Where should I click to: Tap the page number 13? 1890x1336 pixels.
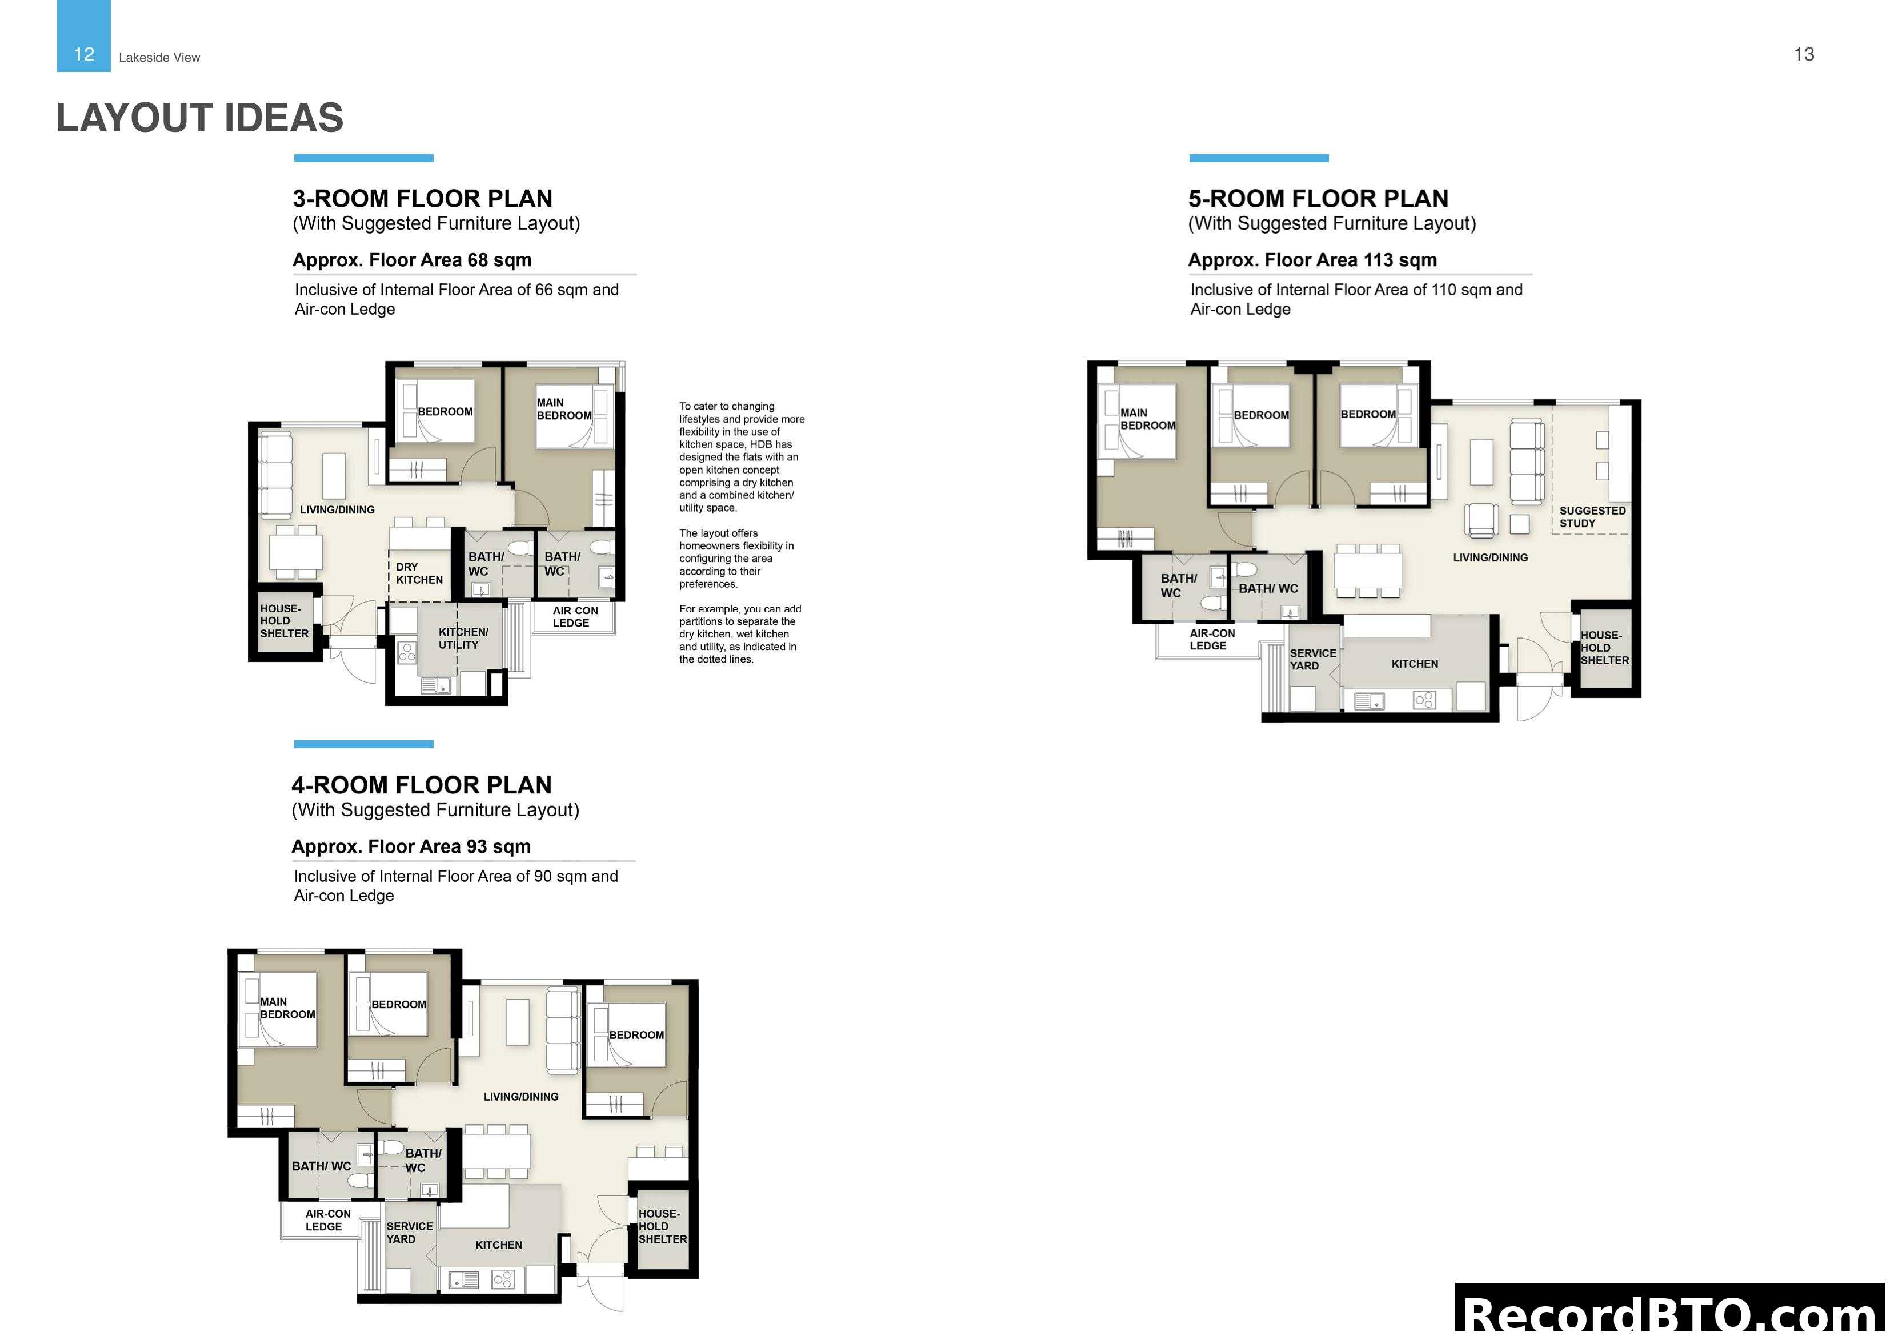1804,54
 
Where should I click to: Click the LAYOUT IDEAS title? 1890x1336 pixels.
199,118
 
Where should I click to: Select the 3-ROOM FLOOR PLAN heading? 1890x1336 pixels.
422,198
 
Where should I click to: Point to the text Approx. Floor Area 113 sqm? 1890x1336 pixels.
1312,260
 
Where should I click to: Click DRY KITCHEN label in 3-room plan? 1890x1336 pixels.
418,573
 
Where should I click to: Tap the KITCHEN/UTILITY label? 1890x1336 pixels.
463,638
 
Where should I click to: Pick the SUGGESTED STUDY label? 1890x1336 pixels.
1591,517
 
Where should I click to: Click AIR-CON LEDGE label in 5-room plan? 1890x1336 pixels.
1211,640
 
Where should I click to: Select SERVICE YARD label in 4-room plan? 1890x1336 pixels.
409,1232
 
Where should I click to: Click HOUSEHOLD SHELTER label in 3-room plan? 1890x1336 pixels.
283,621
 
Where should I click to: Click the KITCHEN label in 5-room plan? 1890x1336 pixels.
1414,664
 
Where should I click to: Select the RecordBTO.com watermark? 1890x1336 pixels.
1671,1313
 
